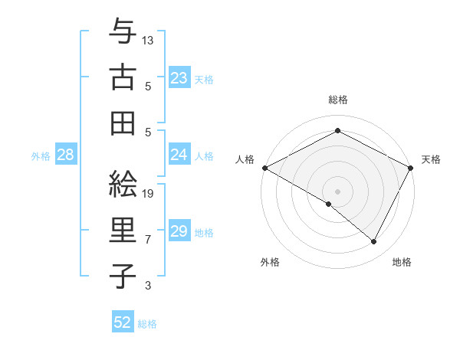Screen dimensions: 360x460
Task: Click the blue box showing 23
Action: click(x=179, y=77)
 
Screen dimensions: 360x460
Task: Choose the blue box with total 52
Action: click(x=123, y=322)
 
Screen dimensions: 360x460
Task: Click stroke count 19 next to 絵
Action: click(x=149, y=194)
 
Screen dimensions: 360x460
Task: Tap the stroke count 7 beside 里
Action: click(x=148, y=240)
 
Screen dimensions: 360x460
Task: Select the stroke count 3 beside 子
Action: click(x=148, y=286)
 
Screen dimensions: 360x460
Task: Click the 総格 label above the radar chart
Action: click(x=338, y=100)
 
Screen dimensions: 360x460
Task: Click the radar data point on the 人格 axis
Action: click(x=264, y=168)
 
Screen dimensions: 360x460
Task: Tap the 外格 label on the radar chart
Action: click(x=270, y=263)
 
